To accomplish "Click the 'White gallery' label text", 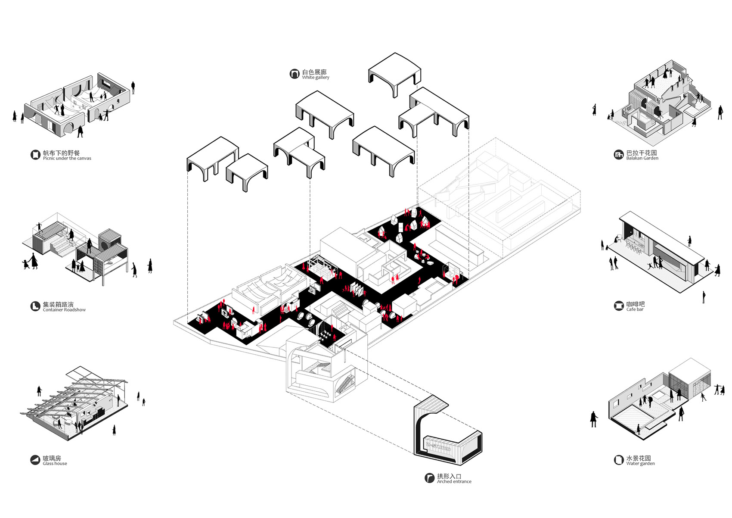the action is pos(315,78).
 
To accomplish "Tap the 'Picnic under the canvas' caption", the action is pos(67,158).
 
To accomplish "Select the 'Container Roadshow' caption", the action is pos(64,310).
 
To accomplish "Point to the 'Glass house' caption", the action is pos(55,463).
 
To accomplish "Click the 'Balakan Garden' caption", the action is pos(642,158).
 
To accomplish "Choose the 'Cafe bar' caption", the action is pos(635,309).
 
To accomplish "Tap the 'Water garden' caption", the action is pos(641,463).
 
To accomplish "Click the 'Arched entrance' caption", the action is pos(454,481).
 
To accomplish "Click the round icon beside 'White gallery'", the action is pos(295,74).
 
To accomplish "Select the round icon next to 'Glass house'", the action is pos(35,460).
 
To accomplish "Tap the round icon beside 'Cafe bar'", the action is pos(619,306).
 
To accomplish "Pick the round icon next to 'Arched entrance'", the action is pos(429,478).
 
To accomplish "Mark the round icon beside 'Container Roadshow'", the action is pos(35,306).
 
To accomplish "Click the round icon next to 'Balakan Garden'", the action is pos(619,155).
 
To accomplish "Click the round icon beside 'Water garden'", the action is pos(619,460).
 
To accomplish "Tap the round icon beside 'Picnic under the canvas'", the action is pos(35,155).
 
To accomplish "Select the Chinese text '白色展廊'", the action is pos(314,72).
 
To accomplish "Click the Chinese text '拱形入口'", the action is pos(450,476).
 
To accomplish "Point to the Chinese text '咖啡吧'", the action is pos(636,304).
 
